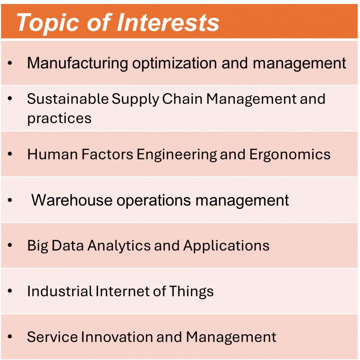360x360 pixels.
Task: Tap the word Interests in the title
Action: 168,22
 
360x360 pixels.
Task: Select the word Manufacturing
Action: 77,63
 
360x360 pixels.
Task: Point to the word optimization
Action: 175,63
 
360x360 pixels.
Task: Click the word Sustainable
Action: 67,99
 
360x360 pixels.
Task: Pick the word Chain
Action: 182,99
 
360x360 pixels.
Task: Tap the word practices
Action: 59,118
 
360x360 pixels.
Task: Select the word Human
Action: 52,154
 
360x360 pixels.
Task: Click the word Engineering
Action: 177,154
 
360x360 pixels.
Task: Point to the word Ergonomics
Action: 290,154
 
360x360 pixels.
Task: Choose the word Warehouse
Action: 72,200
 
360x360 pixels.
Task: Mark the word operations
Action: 153,200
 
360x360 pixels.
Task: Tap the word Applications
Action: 226,246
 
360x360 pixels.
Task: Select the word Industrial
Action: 59,291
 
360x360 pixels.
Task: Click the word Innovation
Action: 117,337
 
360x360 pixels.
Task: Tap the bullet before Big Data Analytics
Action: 9,245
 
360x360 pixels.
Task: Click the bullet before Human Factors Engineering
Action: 9,154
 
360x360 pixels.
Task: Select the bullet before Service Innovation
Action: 9,337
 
